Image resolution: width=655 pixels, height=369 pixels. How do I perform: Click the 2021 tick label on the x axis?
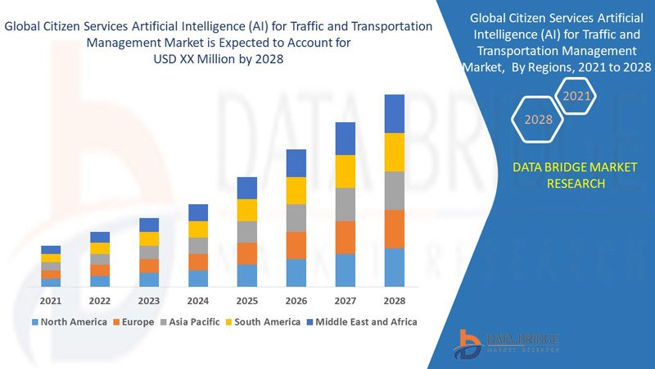click(x=51, y=300)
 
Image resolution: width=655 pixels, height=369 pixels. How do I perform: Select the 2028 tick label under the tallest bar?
click(x=395, y=300)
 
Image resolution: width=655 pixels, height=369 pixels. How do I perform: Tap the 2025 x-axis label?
click(x=247, y=300)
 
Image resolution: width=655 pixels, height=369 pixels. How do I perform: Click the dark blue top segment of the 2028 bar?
click(x=395, y=113)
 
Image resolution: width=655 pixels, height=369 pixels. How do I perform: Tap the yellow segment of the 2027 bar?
click(x=346, y=171)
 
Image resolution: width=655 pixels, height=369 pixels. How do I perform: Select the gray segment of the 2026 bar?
click(x=296, y=217)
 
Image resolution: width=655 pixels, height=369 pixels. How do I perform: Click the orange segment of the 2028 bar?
click(x=395, y=229)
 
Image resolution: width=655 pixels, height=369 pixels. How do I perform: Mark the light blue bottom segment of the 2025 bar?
click(x=247, y=276)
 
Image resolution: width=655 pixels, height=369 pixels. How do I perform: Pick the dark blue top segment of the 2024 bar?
click(x=198, y=212)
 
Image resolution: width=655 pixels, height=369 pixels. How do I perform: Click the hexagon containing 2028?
click(x=538, y=120)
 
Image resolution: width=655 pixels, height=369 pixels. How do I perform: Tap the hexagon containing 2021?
click(x=577, y=97)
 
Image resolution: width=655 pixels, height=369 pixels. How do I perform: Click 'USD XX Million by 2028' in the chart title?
click(x=219, y=58)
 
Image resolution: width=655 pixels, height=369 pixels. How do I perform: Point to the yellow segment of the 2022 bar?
click(x=100, y=248)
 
